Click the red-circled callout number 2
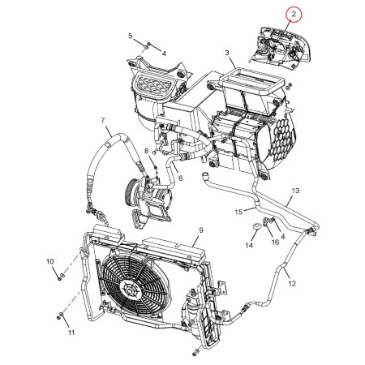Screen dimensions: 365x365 click(x=294, y=14)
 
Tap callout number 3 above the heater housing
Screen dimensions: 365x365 click(x=227, y=53)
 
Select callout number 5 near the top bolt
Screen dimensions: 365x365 click(x=131, y=36)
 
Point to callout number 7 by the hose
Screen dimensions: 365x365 click(x=103, y=120)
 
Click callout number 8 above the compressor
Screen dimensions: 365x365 click(x=146, y=151)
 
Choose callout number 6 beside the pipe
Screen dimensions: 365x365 click(x=181, y=178)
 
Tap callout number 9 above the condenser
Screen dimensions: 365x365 click(x=201, y=230)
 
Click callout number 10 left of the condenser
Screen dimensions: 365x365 click(x=50, y=261)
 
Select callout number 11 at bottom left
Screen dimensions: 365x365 click(x=71, y=333)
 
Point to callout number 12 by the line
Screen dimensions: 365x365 click(x=292, y=283)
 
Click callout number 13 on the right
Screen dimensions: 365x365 click(x=295, y=191)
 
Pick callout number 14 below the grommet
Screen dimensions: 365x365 click(x=249, y=245)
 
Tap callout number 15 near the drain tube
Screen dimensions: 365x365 click(x=238, y=212)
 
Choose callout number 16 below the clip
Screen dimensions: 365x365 click(x=275, y=242)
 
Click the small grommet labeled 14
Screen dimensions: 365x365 click(x=256, y=226)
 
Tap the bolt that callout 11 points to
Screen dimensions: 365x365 click(x=60, y=315)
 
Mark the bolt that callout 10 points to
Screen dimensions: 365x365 click(x=61, y=276)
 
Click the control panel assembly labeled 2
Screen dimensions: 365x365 click(x=281, y=47)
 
